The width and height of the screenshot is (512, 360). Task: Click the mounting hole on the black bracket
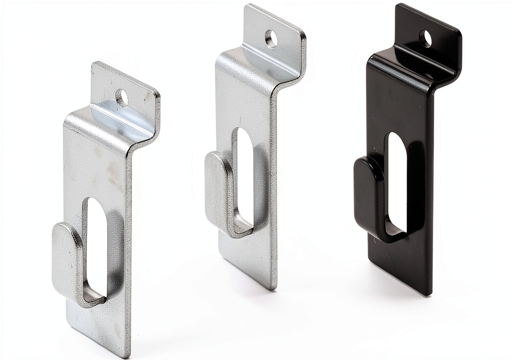click(425, 38)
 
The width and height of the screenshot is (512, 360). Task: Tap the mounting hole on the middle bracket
click(271, 38)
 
